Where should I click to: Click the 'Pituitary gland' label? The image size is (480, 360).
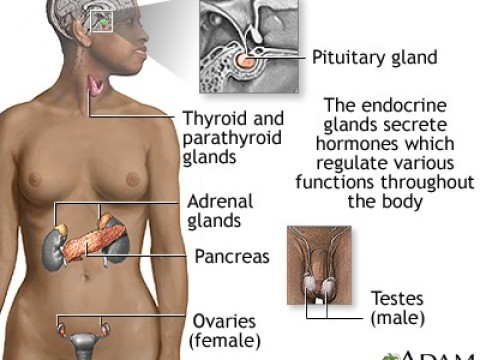pos(375,57)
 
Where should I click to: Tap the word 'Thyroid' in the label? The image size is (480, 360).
pos(213,117)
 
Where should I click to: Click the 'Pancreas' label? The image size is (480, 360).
pos(231,256)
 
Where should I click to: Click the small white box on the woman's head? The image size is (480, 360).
pos(102,20)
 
